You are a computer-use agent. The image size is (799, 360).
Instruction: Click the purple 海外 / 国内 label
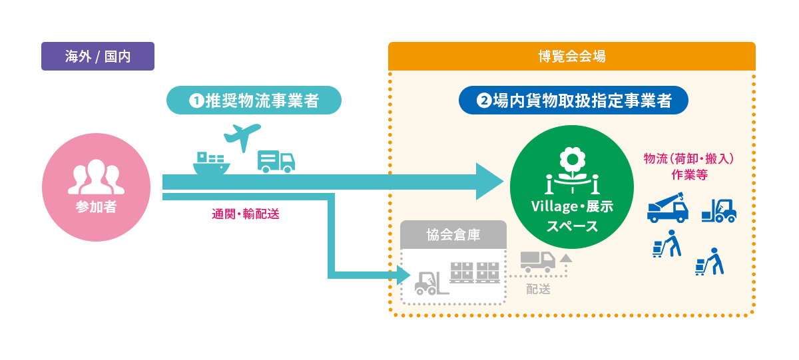point(98,57)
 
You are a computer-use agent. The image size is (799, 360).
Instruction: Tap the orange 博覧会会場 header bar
point(572,57)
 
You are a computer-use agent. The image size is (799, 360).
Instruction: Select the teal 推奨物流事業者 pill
point(254,100)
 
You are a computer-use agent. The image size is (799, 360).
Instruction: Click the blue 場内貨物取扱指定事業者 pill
point(573,100)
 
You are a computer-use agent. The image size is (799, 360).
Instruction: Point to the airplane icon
point(242,136)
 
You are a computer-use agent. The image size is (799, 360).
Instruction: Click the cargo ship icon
point(211,163)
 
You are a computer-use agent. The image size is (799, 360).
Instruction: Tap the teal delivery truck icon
point(276,162)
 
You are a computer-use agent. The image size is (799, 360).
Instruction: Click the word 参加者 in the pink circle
point(96,207)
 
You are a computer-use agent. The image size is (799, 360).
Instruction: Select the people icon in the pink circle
point(96,177)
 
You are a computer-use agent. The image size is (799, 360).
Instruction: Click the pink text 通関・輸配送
point(246,214)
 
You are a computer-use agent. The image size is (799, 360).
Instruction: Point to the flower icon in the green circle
point(572,170)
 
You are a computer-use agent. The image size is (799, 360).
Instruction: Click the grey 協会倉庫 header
point(453,234)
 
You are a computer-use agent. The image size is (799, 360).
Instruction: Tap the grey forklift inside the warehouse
point(431,283)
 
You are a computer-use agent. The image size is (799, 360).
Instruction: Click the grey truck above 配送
point(538,262)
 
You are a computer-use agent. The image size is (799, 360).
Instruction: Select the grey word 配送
point(538,289)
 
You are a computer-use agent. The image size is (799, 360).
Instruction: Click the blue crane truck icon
point(668,208)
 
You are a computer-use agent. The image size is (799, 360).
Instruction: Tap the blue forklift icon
point(719,211)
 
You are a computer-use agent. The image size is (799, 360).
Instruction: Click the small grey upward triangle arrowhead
point(566,258)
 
